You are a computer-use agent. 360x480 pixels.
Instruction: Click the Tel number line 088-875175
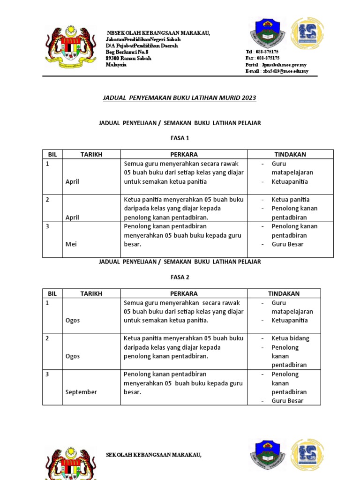tap(262, 52)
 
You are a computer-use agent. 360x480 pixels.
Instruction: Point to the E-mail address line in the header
tap(277, 71)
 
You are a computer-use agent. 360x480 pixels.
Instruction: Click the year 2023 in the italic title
tap(249, 98)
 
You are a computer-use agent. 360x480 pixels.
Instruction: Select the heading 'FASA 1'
tap(180, 138)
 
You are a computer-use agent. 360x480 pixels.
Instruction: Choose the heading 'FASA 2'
tap(180, 277)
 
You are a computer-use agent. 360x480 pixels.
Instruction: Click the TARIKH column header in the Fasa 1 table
tap(91, 154)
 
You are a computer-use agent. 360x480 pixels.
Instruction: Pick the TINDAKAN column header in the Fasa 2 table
tap(284, 293)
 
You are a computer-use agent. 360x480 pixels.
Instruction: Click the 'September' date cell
tap(81, 392)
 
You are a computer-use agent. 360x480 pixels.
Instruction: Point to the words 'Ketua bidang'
tap(290, 338)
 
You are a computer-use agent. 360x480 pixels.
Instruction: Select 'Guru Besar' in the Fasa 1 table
tap(287, 244)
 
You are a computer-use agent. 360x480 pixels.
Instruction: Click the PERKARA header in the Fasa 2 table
tap(184, 293)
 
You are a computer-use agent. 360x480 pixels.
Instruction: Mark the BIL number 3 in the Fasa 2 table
tap(47, 374)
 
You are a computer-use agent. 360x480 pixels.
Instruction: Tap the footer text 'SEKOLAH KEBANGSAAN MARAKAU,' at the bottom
tap(154, 455)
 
